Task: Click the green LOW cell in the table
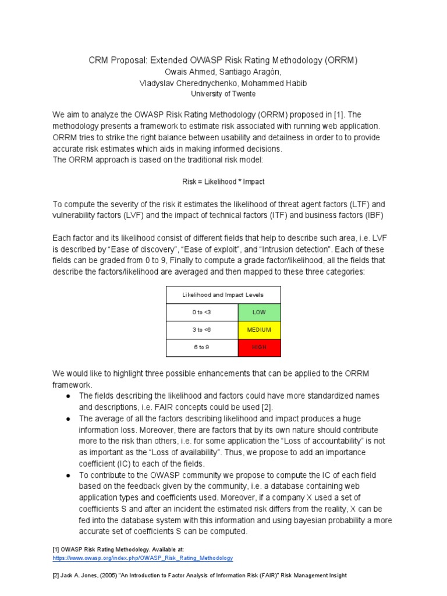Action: coord(259,313)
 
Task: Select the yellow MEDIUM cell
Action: coord(259,330)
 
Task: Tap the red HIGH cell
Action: coord(259,347)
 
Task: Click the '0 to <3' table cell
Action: coord(202,313)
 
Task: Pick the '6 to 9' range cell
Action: coord(202,347)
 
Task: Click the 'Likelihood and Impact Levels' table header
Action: coord(223,295)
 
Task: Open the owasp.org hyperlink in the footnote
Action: coord(143,558)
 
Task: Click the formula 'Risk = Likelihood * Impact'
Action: coord(223,182)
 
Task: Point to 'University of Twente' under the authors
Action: coord(223,94)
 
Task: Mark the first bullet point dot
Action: coord(68,396)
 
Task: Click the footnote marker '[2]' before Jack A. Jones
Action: coord(56,575)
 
